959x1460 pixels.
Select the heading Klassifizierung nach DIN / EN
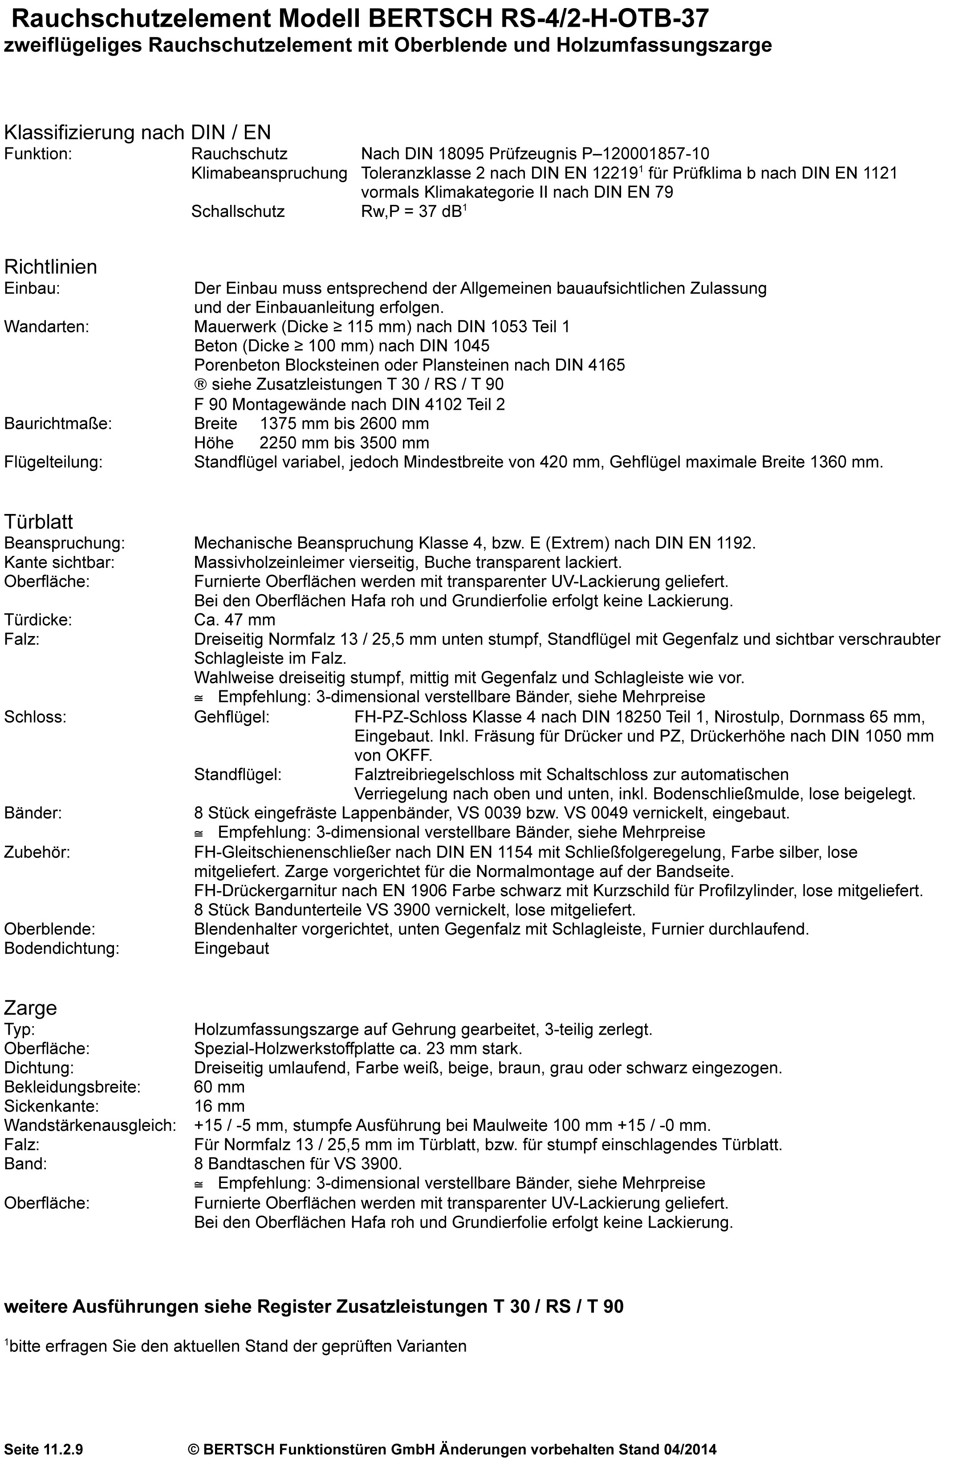click(x=138, y=132)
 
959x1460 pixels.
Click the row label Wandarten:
click(x=47, y=326)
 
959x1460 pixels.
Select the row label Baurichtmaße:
click(x=58, y=423)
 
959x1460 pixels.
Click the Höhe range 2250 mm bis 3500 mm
click(x=344, y=443)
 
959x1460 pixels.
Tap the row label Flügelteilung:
click(x=53, y=462)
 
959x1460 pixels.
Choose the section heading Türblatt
click(x=39, y=522)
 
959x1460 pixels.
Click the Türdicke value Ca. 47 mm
click(x=234, y=620)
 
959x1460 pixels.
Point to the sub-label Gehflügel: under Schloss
click(x=232, y=717)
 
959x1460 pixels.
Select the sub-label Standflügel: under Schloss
click(x=238, y=774)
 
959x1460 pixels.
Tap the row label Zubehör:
click(x=37, y=852)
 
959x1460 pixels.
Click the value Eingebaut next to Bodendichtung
click(x=232, y=948)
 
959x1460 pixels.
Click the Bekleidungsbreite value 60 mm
click(x=219, y=1087)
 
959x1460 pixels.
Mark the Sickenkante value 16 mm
click(x=219, y=1106)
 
